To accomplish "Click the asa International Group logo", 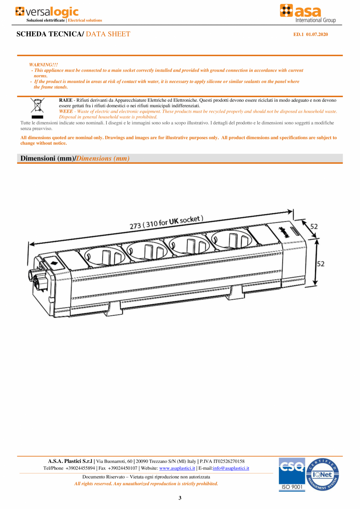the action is coord(308,14).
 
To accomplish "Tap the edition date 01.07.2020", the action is coord(317,34).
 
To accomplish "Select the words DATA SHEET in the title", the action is coord(108,34).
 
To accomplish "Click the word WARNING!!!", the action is coord(43,65).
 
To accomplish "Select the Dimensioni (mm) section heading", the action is coord(47,159).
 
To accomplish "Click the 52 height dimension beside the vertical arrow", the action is coord(320,264).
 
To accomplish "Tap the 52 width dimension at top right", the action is coord(314,226).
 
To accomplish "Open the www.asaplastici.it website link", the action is coord(177,468).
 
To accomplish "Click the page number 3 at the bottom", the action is coord(180,498).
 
